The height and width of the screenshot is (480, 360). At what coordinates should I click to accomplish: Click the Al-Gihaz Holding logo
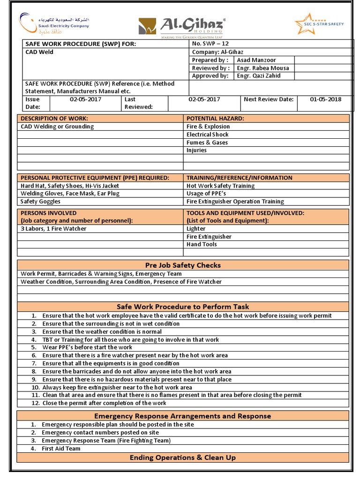(182, 26)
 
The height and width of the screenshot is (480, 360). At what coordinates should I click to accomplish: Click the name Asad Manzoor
(256, 60)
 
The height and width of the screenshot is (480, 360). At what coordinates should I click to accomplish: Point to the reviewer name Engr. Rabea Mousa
(263, 68)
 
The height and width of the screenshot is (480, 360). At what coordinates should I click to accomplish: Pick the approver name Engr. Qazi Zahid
(259, 76)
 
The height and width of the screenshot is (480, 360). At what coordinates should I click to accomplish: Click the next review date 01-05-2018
(326, 99)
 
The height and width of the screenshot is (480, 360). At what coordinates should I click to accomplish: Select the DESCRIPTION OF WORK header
(54, 119)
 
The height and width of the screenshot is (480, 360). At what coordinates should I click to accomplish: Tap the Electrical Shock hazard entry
(208, 135)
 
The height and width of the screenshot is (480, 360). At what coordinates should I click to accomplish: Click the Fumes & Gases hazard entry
(207, 142)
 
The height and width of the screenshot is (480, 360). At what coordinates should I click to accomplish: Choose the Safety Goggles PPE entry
(40, 202)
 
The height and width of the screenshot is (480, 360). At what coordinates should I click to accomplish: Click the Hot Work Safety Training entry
(221, 186)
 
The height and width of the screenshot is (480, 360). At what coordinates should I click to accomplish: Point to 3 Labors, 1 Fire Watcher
(53, 229)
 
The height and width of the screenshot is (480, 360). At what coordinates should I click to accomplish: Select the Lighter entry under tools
(196, 229)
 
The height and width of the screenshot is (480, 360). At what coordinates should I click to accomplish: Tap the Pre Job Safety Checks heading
(183, 265)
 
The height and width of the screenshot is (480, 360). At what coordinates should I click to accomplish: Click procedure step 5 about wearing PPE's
(87, 347)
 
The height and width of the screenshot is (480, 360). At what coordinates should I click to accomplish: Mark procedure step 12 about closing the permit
(104, 403)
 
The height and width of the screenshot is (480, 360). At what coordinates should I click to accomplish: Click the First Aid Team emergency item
(61, 449)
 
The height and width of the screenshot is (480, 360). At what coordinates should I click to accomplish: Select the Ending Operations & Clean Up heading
(183, 457)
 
